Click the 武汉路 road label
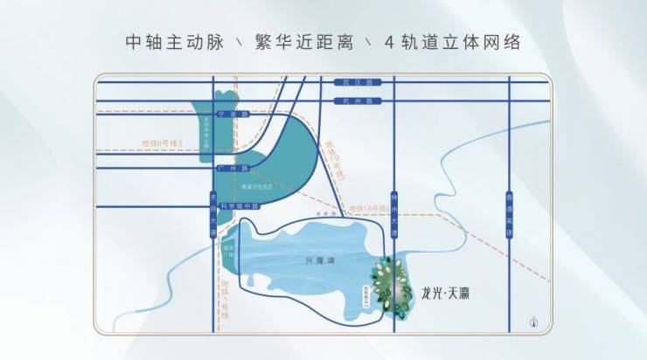pyautogui.click(x=352, y=82)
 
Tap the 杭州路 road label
pyautogui.click(x=352, y=101)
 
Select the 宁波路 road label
pyautogui.click(x=232, y=114)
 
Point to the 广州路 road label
pyautogui.click(x=233, y=167)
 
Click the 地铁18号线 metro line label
pyautogui.click(x=368, y=207)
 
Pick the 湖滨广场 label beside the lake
pyautogui.click(x=229, y=248)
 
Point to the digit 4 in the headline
pyautogui.click(x=389, y=43)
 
